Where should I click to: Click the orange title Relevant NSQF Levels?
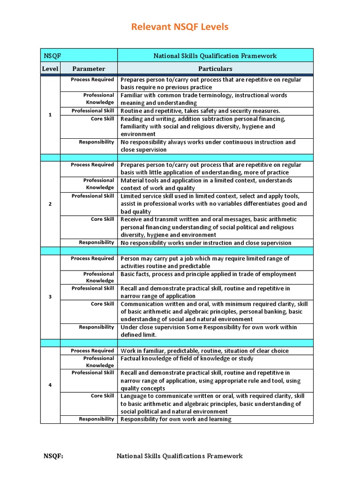pyautogui.click(x=180, y=27)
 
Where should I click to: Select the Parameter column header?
pyautogui.click(x=89, y=69)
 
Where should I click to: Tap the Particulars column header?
pyautogui.click(x=215, y=69)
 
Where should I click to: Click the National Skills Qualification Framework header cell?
pyautogui.click(x=215, y=56)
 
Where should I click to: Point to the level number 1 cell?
pyautogui.click(x=50, y=115)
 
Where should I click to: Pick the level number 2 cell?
pyautogui.click(x=50, y=204)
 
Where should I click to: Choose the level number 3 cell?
pyautogui.click(x=50, y=297)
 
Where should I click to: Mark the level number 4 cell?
pyautogui.click(x=50, y=385)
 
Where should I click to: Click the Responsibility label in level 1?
pyautogui.click(x=96, y=142)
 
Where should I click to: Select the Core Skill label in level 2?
pyautogui.click(x=102, y=219)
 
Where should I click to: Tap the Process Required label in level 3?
pyautogui.click(x=92, y=258)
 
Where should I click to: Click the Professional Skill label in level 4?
pyautogui.click(x=93, y=373)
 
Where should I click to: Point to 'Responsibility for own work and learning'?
pyautogui.click(x=176, y=419)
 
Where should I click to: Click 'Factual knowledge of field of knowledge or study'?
pyautogui.click(x=187, y=359)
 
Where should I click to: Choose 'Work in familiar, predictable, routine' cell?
pyautogui.click(x=204, y=351)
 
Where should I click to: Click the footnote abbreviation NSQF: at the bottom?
pyautogui.click(x=53, y=456)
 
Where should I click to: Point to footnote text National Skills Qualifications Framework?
pyautogui.click(x=180, y=456)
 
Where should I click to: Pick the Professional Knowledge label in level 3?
pyautogui.click(x=98, y=277)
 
